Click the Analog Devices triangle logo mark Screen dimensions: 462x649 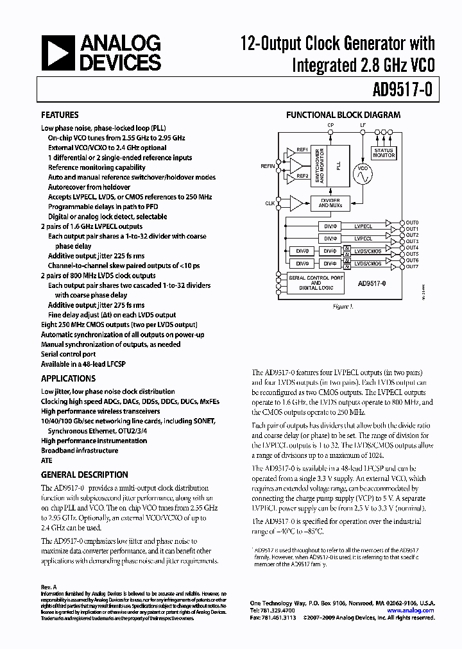[58, 53]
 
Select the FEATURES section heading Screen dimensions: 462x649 [60, 115]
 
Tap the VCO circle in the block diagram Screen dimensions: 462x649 [363, 174]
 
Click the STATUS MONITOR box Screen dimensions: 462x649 [384, 153]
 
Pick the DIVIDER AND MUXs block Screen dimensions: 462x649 [330, 203]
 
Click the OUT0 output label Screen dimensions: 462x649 [411, 222]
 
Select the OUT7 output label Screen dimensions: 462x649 [411, 267]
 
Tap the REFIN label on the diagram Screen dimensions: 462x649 [268, 165]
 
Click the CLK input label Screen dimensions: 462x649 [269, 203]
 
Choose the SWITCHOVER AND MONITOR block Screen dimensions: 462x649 [316, 164]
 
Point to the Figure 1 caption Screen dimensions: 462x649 [343, 307]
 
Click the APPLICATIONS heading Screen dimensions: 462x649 [68, 378]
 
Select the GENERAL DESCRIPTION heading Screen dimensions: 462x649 [84, 475]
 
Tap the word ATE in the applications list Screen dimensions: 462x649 [47, 460]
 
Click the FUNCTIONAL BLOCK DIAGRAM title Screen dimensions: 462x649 [343, 115]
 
